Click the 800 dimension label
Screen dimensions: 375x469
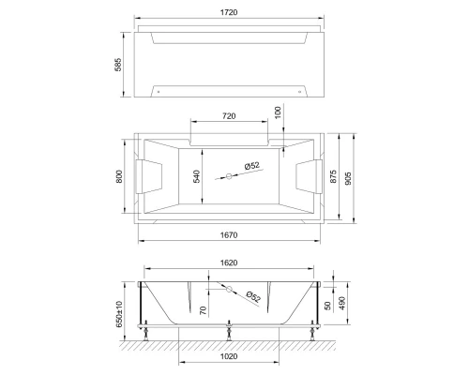pyautogui.click(x=119, y=176)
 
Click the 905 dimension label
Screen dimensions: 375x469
pyautogui.click(x=353, y=178)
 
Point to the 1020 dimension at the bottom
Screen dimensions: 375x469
pyautogui.click(x=230, y=357)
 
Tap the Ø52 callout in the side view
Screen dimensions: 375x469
pyautogui.click(x=253, y=296)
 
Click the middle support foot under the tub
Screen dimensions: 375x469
pyautogui.click(x=230, y=330)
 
